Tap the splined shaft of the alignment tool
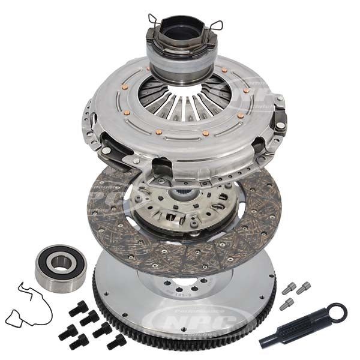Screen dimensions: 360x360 click(x=298, y=329)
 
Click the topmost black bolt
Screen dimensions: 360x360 click(x=79, y=308)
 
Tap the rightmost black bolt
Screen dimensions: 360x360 click(x=116, y=341)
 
